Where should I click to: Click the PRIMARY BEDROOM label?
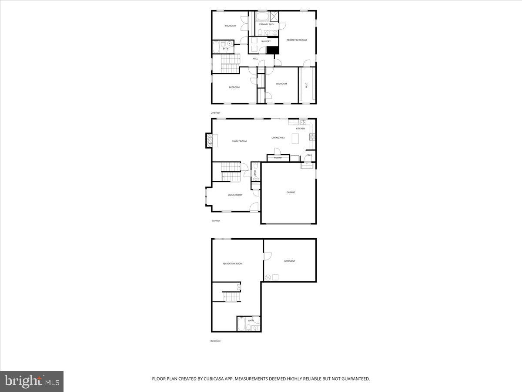tap(296, 40)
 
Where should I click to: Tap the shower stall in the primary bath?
tap(274, 17)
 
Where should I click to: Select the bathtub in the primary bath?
tap(262, 17)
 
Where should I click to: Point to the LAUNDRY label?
tap(266, 41)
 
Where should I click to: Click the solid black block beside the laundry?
tap(272, 50)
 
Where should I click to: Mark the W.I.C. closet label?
tap(306, 85)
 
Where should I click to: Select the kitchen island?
tap(296, 139)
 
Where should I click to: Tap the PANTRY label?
tap(278, 158)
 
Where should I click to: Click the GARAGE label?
tap(290, 192)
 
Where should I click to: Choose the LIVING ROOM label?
tap(234, 195)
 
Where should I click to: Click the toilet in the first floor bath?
tap(256, 166)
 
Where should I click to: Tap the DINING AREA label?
tap(278, 138)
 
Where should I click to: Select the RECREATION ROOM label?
tap(232, 264)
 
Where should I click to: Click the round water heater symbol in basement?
tap(268, 277)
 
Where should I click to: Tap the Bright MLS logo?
tap(32, 382)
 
